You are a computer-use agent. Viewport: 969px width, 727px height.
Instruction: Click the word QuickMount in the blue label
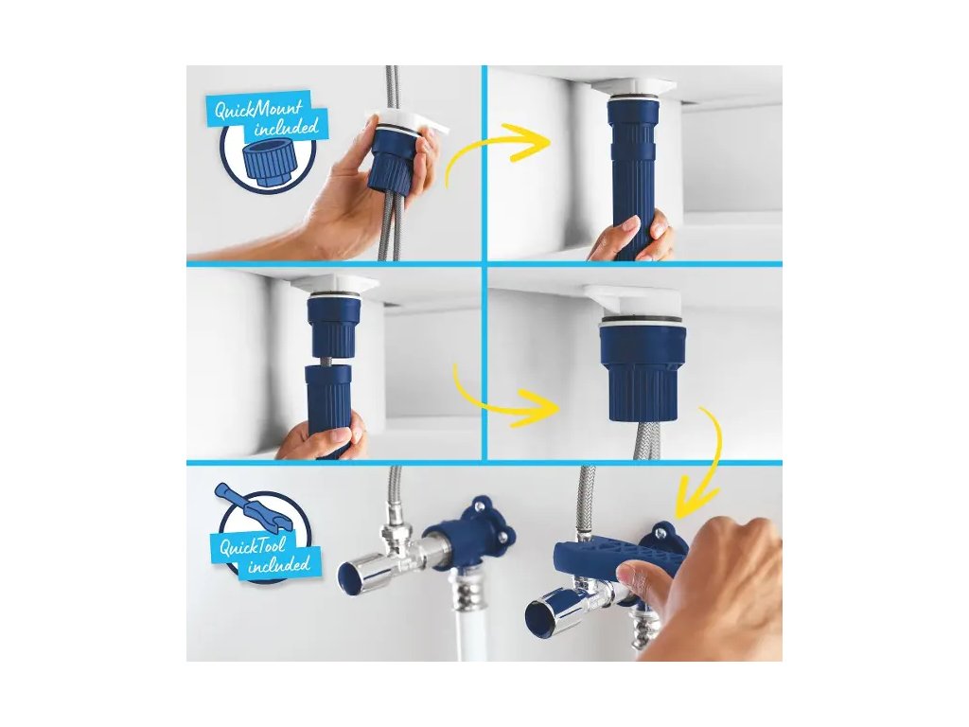[258, 112]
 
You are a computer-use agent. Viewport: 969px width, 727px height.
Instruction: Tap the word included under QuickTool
[279, 565]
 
